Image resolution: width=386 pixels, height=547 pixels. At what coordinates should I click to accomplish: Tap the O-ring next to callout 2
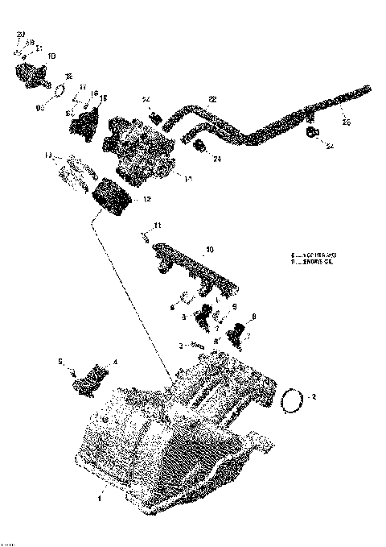294,400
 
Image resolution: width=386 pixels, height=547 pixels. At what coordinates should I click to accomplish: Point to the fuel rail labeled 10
193,265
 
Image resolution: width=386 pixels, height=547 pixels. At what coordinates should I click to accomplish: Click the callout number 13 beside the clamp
48,154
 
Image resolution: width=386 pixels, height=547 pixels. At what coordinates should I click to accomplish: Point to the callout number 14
188,178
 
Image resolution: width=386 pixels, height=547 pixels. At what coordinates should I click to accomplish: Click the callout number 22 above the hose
212,100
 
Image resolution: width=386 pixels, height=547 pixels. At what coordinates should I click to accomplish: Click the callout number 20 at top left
20,34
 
